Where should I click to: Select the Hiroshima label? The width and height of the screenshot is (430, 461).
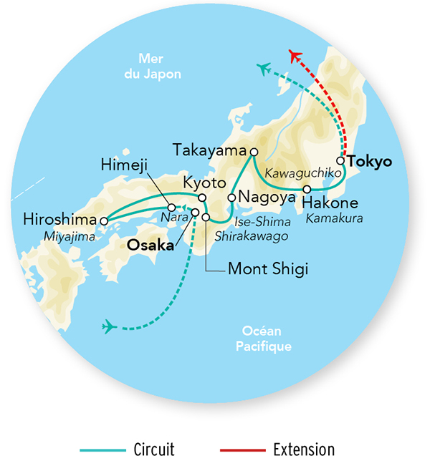[59, 218]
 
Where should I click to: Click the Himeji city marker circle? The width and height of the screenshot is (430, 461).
[171, 188]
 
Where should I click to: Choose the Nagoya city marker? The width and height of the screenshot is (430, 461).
[231, 197]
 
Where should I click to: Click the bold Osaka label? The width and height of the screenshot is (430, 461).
[150, 245]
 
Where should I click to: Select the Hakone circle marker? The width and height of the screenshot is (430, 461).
[307, 190]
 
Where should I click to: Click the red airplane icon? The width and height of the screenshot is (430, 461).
[295, 55]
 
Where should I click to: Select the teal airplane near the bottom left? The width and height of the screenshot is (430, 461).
[110, 327]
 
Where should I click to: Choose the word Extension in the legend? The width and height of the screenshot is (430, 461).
[304, 450]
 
